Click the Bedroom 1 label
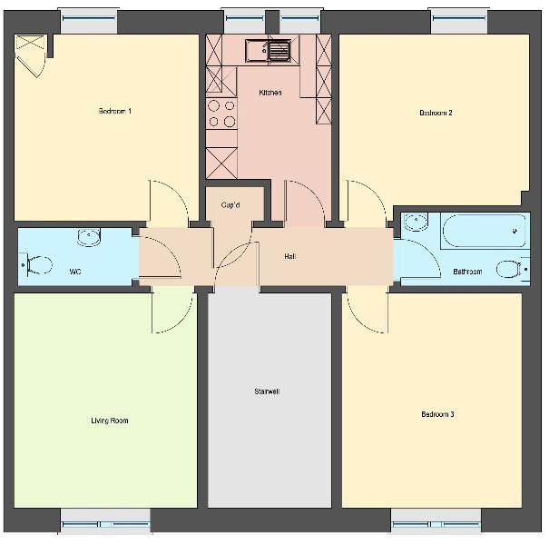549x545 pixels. pyautogui.click(x=115, y=111)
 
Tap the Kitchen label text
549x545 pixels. pyautogui.click(x=270, y=93)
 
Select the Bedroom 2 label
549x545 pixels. pyautogui.click(x=436, y=113)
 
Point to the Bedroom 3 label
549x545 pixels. pyautogui.click(x=437, y=414)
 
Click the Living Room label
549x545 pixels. pyautogui.click(x=110, y=421)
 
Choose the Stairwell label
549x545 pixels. pyautogui.click(x=267, y=391)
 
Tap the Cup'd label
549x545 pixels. pyautogui.click(x=230, y=204)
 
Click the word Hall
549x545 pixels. pyautogui.click(x=289, y=256)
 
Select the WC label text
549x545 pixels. pyautogui.click(x=75, y=272)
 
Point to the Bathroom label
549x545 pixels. pyautogui.click(x=467, y=272)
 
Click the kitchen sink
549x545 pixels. pyautogui.click(x=269, y=51)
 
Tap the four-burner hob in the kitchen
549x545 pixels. pyautogui.click(x=221, y=114)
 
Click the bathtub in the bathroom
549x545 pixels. pyautogui.click(x=485, y=231)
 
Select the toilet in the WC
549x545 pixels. pyautogui.click(x=37, y=265)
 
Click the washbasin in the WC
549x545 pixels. pyautogui.click(x=89, y=237)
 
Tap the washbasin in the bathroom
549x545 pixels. pyautogui.click(x=416, y=223)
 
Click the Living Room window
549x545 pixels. pyautogui.click(x=105, y=521)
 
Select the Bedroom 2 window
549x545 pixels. pyautogui.click(x=459, y=21)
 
